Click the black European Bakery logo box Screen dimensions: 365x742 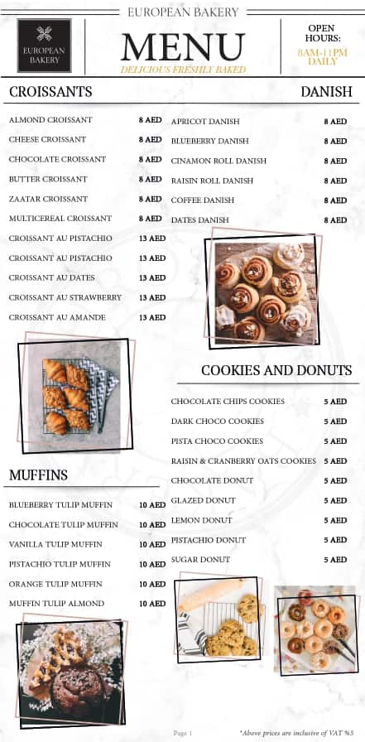(x=44, y=46)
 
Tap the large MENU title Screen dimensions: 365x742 (x=183, y=48)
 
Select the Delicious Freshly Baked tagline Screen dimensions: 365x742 (x=183, y=70)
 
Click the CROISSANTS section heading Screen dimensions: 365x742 (x=50, y=92)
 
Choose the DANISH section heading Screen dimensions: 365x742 (x=326, y=92)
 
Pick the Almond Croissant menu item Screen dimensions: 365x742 (x=50, y=120)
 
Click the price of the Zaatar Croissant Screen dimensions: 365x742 (x=151, y=199)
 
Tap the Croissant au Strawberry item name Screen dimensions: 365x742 (x=65, y=297)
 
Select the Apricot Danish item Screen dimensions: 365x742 (x=205, y=122)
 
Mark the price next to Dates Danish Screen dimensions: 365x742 (x=335, y=220)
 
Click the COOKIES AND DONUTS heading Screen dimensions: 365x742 (x=276, y=370)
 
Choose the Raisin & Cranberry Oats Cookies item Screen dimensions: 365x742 (x=243, y=461)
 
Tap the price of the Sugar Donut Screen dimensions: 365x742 (x=335, y=560)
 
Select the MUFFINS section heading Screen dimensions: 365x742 (x=38, y=475)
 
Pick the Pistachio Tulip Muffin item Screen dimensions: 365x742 (x=60, y=564)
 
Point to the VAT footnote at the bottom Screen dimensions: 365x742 (x=296, y=733)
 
